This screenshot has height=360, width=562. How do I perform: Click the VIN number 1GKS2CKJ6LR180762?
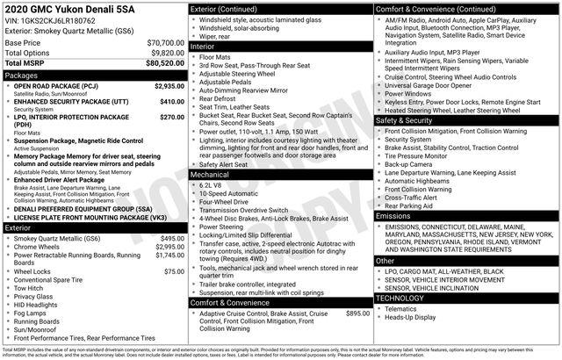pyautogui.click(x=57, y=20)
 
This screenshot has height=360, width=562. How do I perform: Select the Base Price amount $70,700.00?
pyautogui.click(x=165, y=42)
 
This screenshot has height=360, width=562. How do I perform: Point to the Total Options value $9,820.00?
pyautogui.click(x=167, y=53)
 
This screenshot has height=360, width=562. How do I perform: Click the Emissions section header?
pyautogui.click(x=393, y=215)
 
